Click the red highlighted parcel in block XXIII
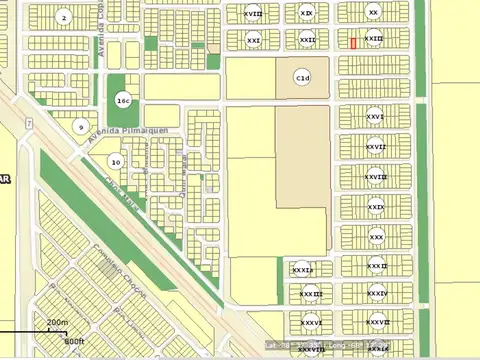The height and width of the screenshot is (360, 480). click(353, 42)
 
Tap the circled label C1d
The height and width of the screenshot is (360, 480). click(302, 77)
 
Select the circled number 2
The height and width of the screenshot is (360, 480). click(65, 17)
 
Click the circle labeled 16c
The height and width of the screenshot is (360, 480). click(123, 101)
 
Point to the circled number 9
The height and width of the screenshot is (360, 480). click(80, 126)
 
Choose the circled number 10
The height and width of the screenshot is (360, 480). click(116, 161)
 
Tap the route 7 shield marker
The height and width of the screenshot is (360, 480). click(30, 124)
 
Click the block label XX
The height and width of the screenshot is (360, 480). click(374, 12)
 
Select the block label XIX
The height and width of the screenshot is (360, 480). click(306, 12)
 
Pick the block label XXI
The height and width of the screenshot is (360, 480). click(253, 40)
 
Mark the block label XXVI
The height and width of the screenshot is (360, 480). click(376, 116)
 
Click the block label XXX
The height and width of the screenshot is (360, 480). click(376, 237)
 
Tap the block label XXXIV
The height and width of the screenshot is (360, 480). click(376, 293)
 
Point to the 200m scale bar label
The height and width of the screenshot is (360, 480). click(57, 322)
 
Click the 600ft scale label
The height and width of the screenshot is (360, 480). click(74, 339)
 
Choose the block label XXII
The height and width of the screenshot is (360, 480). click(307, 40)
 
